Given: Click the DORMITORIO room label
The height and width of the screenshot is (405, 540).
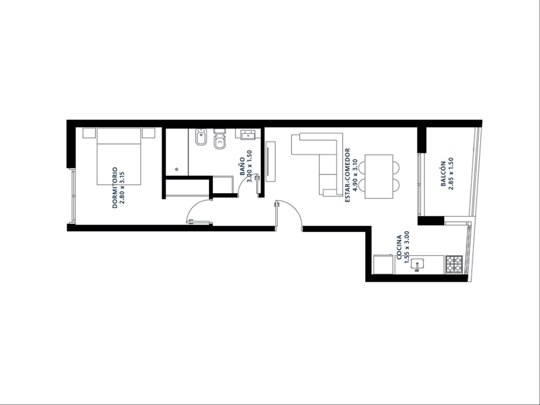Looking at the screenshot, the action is tap(115, 188).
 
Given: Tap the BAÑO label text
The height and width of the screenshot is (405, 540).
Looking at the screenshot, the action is tap(242, 166).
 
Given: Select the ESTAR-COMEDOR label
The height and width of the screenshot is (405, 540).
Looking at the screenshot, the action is tap(348, 175).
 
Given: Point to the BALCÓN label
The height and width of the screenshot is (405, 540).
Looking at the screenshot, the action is tap(443, 174).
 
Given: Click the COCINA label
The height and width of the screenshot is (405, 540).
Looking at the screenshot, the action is tap(399, 247).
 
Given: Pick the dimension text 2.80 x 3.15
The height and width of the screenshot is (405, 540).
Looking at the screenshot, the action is tap(122, 188).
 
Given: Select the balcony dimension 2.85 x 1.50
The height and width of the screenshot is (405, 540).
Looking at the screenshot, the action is tap(451, 174).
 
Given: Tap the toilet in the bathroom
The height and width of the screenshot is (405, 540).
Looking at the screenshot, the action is tap(219, 139).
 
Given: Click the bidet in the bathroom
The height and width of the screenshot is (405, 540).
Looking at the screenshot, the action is tap(201, 137).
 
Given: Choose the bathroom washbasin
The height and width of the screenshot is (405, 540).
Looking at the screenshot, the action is tap(248, 134).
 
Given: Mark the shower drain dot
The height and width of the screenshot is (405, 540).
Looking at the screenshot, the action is tap(177, 169).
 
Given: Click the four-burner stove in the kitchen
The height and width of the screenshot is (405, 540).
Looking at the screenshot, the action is tap(454, 265).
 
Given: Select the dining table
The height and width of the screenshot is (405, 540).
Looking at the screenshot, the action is tap(379, 176).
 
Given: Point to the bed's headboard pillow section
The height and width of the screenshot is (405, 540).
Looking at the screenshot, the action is tap(119, 136).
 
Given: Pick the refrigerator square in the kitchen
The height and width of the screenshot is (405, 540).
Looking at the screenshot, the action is tap(383, 264).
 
